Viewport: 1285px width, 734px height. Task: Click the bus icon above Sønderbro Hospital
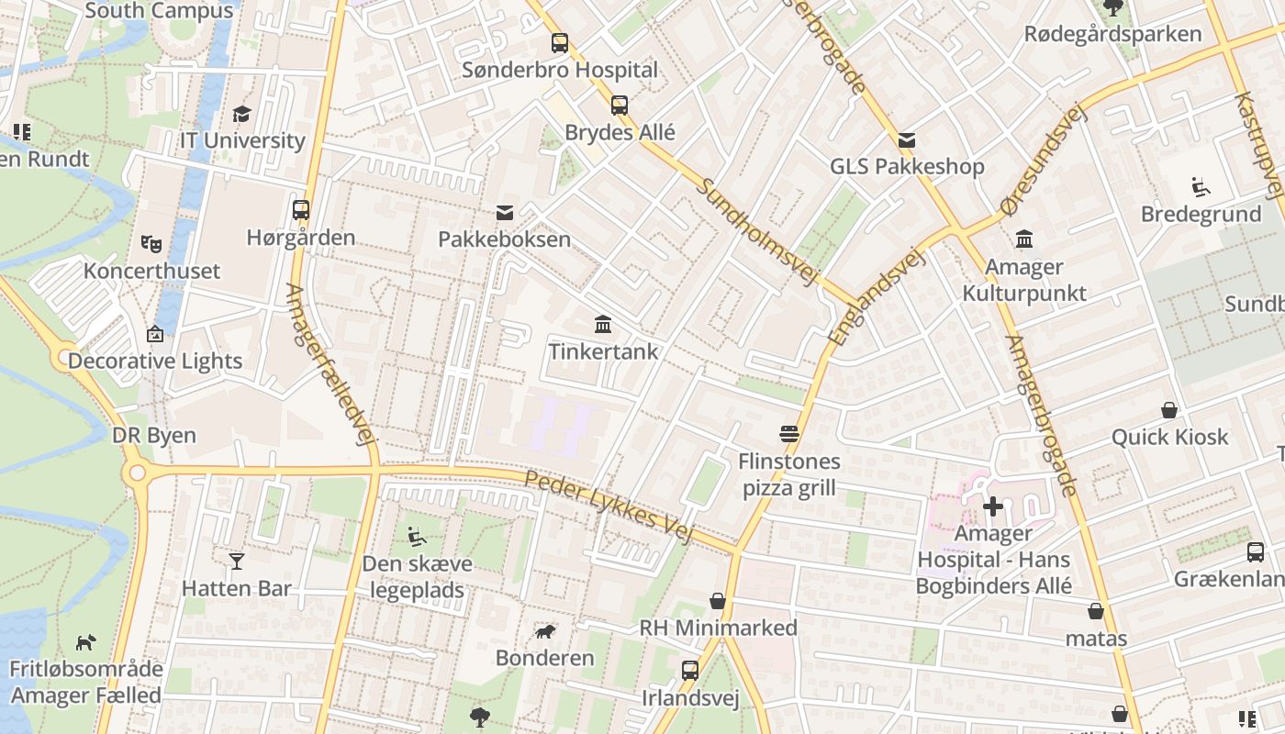point(559,42)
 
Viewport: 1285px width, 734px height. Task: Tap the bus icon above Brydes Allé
point(620,105)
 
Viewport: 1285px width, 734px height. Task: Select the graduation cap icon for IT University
point(241,114)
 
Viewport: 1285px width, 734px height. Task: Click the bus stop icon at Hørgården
point(300,210)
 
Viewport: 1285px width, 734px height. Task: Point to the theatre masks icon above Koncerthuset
point(151,244)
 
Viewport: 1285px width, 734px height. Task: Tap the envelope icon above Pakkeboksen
point(504,213)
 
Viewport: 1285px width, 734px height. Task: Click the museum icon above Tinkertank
point(603,324)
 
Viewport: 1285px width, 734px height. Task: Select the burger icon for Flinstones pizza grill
point(789,433)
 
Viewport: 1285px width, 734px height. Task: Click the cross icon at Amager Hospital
point(992,506)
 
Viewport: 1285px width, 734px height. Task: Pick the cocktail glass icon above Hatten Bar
point(237,561)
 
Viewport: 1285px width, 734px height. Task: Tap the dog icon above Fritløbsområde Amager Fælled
point(85,641)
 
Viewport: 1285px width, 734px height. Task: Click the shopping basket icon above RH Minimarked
point(718,601)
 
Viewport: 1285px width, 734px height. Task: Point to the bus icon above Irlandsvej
point(689,671)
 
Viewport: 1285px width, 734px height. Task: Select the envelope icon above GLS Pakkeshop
point(907,140)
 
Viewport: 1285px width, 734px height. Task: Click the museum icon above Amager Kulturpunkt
point(1024,239)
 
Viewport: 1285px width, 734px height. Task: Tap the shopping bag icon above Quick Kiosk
point(1169,409)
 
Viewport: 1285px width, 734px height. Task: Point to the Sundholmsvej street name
point(756,230)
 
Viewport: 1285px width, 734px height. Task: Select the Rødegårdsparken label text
point(1112,35)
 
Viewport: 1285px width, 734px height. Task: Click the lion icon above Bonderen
point(545,631)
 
